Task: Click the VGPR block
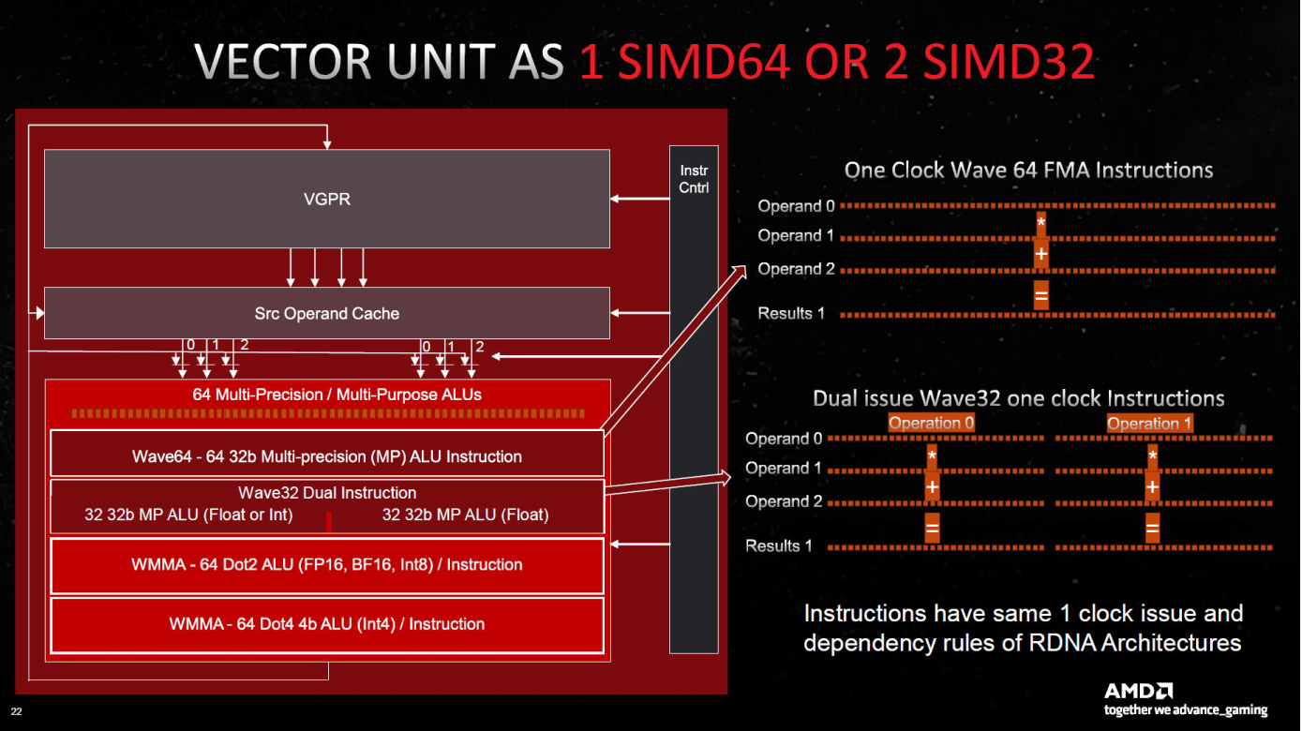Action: point(327,199)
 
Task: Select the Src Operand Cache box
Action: point(327,313)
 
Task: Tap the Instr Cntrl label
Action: point(694,178)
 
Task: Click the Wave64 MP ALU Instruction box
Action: point(327,456)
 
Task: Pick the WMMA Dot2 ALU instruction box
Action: point(327,565)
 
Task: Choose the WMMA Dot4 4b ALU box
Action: point(327,624)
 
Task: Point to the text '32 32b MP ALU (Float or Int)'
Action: point(188,515)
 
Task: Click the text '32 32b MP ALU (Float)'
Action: point(465,515)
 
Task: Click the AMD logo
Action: point(1138,692)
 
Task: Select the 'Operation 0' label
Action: point(931,423)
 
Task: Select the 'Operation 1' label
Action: point(1149,423)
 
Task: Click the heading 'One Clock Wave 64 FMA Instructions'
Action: point(1028,170)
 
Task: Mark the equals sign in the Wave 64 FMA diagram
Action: point(1040,295)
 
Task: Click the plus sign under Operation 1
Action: point(1152,488)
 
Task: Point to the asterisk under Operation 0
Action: point(932,456)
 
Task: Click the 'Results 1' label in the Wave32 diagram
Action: point(779,545)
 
